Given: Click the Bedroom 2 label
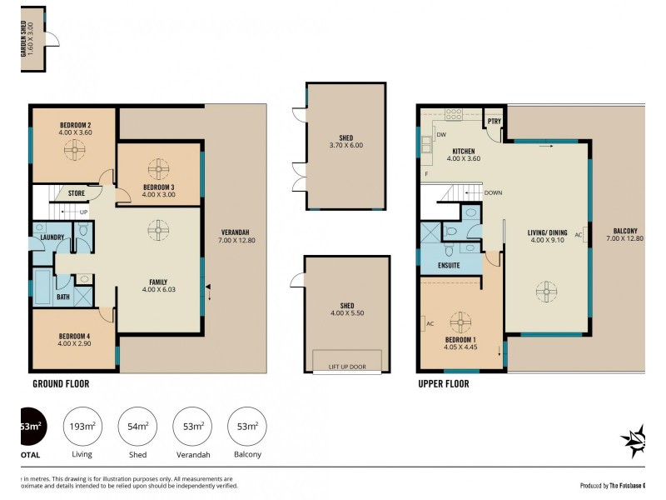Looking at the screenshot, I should click(76, 124).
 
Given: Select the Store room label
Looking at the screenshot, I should click(76, 193).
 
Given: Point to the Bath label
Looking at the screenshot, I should click(63, 296).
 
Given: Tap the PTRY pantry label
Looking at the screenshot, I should click(494, 121).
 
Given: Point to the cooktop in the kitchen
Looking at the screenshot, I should click(454, 115).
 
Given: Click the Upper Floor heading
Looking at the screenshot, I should click(443, 384).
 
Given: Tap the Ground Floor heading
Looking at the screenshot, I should click(61, 384).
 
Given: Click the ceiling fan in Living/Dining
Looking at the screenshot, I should click(546, 292).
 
